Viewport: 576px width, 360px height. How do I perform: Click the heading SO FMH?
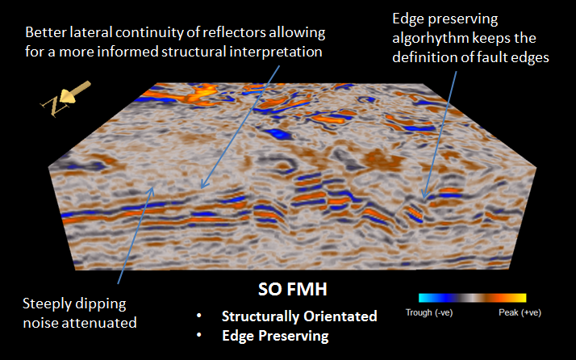tap(292, 290)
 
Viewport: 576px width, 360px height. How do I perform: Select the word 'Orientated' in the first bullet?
tap(342, 316)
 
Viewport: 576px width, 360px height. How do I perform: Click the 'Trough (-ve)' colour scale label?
tap(429, 312)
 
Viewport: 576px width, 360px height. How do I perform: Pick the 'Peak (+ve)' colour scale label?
tap(520, 312)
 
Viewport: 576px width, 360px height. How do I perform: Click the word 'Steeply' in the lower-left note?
tap(49, 304)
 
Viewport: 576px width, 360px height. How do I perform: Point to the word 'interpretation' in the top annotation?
tap(276, 52)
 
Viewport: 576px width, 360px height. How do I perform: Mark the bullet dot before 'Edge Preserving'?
tap(198, 335)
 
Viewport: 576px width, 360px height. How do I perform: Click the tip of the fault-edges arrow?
tap(424, 199)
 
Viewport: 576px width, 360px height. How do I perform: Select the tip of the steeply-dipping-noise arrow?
tap(153, 186)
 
